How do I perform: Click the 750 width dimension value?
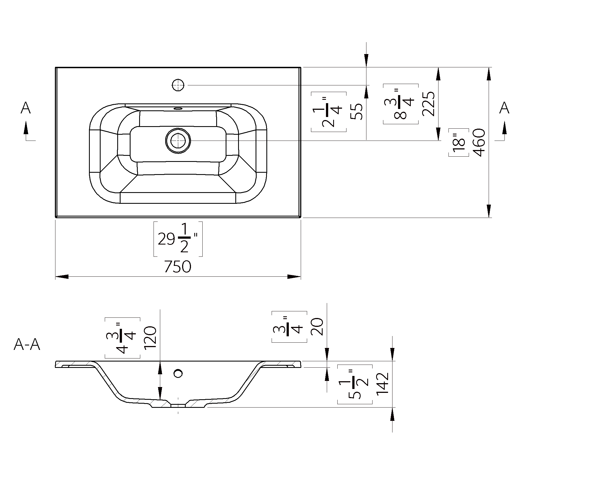pyautogui.click(x=178, y=266)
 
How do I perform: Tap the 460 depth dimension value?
pyautogui.click(x=479, y=142)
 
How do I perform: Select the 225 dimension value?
pyautogui.click(x=428, y=103)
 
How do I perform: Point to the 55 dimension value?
pyautogui.click(x=356, y=112)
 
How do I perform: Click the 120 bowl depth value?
pyautogui.click(x=150, y=338)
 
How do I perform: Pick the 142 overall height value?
pyautogui.click(x=382, y=384)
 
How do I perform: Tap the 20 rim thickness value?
pyautogui.click(x=317, y=327)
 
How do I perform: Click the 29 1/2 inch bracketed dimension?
pyautogui.click(x=178, y=239)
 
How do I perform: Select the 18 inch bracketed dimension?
pyautogui.click(x=459, y=142)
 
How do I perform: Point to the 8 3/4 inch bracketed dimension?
pyautogui.click(x=401, y=104)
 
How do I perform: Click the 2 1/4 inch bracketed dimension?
pyautogui.click(x=329, y=112)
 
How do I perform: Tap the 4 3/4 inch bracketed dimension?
pyautogui.click(x=123, y=338)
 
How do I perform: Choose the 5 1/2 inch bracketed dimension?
pyautogui.click(x=355, y=384)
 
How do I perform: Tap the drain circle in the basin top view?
pyautogui.click(x=178, y=141)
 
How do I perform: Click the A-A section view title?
pyautogui.click(x=27, y=345)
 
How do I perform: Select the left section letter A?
pyautogui.click(x=26, y=108)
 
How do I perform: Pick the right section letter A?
pyautogui.click(x=504, y=108)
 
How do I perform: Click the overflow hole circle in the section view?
pyautogui.click(x=178, y=373)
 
